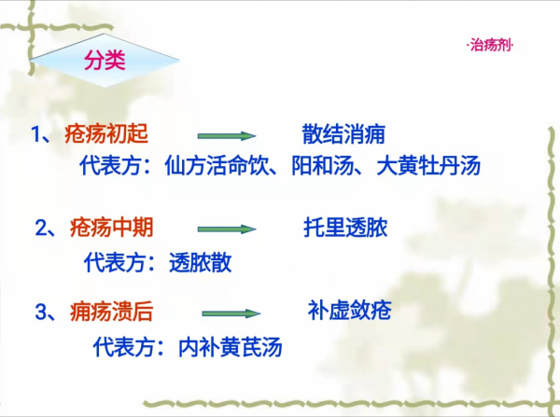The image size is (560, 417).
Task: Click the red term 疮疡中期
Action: pos(111,227)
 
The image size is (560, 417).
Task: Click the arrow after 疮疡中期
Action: pos(226,229)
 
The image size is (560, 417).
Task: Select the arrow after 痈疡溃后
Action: pos(230,313)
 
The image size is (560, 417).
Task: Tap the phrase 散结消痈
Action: pos(343,132)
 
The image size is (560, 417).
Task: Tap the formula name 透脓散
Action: pos(201,262)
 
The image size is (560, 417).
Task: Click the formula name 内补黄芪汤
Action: pos(231,347)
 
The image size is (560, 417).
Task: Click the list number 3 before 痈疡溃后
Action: pos(41,312)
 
